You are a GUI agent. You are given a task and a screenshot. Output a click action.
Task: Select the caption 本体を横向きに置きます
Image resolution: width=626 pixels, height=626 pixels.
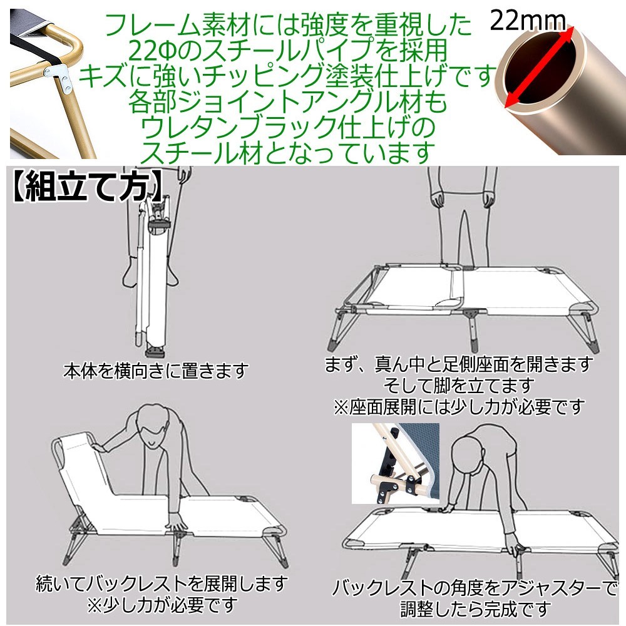click(155, 371)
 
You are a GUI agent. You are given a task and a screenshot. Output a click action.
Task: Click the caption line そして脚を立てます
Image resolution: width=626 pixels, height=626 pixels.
click(459, 384)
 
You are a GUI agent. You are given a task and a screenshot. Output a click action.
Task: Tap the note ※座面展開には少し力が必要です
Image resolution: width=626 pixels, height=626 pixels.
click(459, 407)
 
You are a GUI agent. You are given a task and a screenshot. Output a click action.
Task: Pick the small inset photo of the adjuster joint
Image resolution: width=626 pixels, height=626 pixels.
click(395, 464)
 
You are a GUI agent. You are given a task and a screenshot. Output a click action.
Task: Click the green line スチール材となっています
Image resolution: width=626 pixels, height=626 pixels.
click(289, 150)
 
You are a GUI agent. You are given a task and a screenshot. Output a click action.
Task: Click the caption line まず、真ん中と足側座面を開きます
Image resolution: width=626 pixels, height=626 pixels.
click(459, 364)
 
